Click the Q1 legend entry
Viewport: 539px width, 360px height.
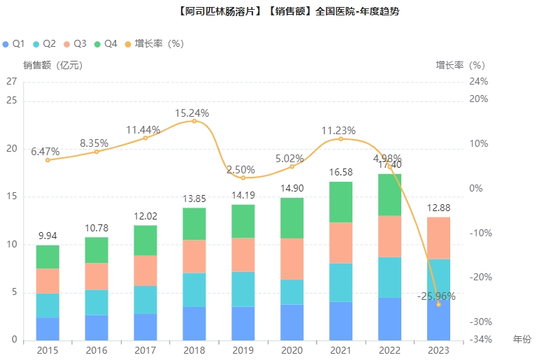(x=15, y=43)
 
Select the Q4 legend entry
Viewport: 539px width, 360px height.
(x=106, y=43)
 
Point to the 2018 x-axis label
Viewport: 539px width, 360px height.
(x=194, y=350)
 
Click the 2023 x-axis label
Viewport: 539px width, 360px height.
(x=438, y=350)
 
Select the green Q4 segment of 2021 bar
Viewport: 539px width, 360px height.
(x=340, y=202)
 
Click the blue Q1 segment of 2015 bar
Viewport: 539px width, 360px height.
(x=48, y=329)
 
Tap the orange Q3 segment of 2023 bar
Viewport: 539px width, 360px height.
(x=438, y=238)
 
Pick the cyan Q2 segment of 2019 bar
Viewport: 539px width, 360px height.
(x=243, y=289)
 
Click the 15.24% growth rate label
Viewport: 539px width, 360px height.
(x=192, y=113)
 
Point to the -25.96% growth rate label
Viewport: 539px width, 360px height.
(x=436, y=296)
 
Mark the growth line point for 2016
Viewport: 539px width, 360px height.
(x=96, y=152)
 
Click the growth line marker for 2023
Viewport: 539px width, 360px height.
(x=438, y=305)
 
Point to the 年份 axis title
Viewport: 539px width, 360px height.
(x=522, y=339)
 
